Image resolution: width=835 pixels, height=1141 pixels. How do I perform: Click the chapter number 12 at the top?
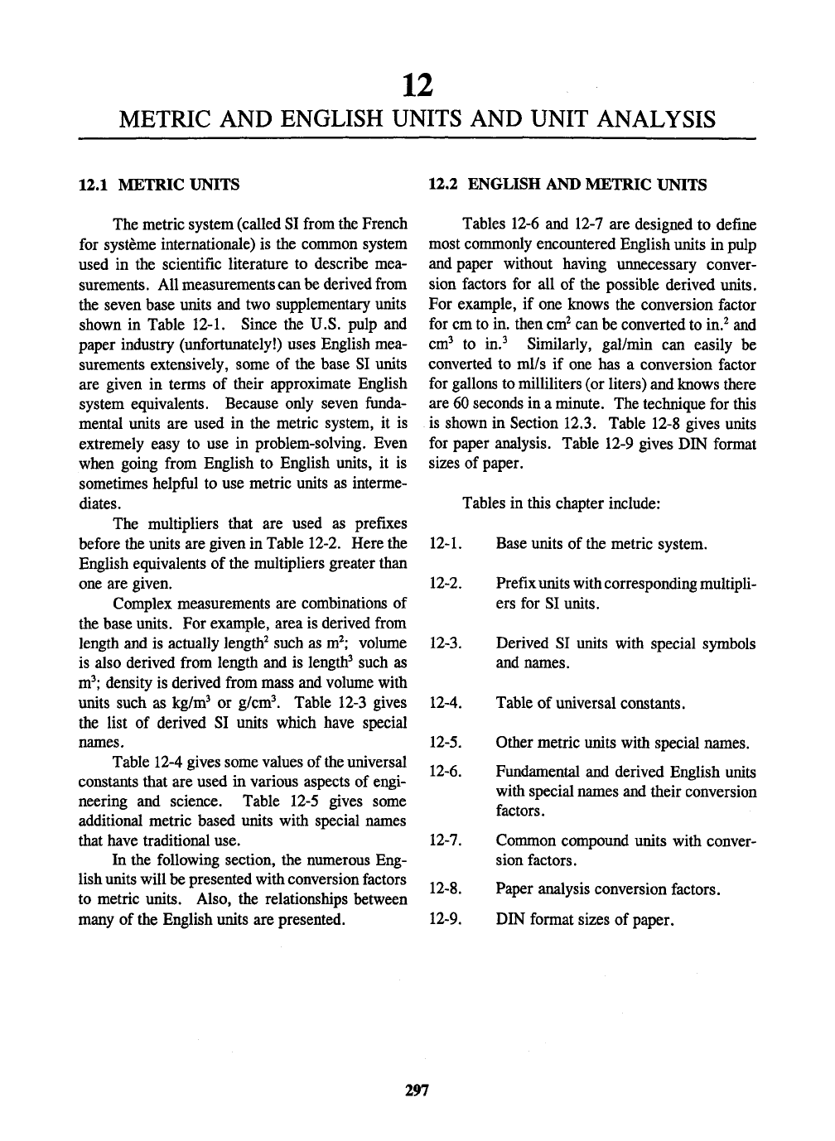[x=417, y=84]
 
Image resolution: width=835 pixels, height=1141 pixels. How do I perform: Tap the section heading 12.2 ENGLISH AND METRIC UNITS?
[x=567, y=185]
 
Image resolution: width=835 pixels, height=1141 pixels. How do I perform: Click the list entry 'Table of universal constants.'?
[x=590, y=704]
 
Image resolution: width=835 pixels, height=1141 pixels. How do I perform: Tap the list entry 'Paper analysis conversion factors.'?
[x=607, y=890]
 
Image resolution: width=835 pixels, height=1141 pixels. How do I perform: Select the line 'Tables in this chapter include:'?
[x=561, y=504]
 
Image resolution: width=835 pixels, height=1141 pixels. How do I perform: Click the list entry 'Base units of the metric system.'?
[x=601, y=545]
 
